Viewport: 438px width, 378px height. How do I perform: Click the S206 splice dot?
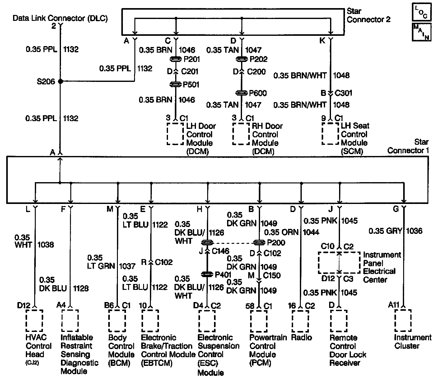pos(60,82)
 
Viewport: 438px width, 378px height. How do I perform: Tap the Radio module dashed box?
pos(300,321)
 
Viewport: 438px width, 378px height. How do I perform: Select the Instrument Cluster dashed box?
pos(403,321)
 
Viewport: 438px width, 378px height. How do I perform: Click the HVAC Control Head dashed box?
pos(34,321)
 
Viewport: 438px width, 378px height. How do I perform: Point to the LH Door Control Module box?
pos(175,134)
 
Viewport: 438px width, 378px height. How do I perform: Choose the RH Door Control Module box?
pos(241,134)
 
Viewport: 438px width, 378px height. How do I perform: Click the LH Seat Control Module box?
pos(330,134)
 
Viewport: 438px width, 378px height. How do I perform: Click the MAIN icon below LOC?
pos(421,32)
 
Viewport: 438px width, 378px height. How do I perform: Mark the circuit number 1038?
pos(45,245)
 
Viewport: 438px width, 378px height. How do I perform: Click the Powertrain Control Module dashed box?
pos(259,321)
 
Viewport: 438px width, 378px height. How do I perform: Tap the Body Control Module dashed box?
pos(117,321)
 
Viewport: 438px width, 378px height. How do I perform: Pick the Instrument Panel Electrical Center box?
pos(339,263)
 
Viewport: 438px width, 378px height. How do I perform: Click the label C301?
pos(343,93)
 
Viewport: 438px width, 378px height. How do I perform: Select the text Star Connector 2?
pos(368,16)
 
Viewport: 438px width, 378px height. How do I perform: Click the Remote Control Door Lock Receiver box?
pos(339,321)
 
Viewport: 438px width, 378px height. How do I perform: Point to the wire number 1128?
pos(81,288)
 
